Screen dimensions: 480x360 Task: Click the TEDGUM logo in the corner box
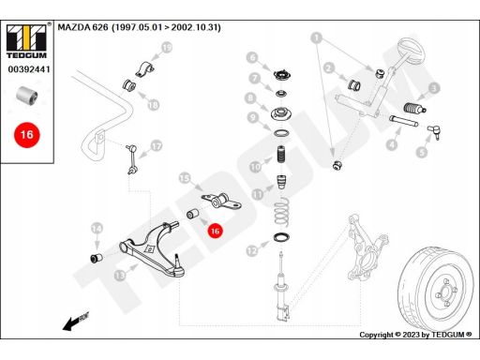coord(26,40)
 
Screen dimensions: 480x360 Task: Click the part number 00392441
coord(29,69)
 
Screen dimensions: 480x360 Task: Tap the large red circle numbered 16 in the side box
coord(27,135)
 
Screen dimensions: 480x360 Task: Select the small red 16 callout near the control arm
coord(215,231)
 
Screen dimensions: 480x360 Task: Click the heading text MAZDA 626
coord(82,27)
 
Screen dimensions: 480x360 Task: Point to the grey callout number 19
coord(167,48)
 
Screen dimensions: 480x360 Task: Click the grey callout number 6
coord(252,57)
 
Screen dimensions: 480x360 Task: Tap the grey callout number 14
coord(97,229)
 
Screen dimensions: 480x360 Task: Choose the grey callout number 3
coord(434,88)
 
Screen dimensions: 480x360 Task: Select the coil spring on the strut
coord(282,213)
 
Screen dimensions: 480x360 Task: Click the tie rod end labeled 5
coord(434,131)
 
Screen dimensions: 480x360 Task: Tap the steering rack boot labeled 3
coord(415,109)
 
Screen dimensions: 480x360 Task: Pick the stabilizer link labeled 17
coord(131,159)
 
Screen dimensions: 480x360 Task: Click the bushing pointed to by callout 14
coord(97,258)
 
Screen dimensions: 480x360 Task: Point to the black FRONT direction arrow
coord(76,321)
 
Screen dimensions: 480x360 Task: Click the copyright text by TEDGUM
coord(415,335)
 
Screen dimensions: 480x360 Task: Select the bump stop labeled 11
coord(281,182)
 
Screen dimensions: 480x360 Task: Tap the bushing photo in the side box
coord(27,96)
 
